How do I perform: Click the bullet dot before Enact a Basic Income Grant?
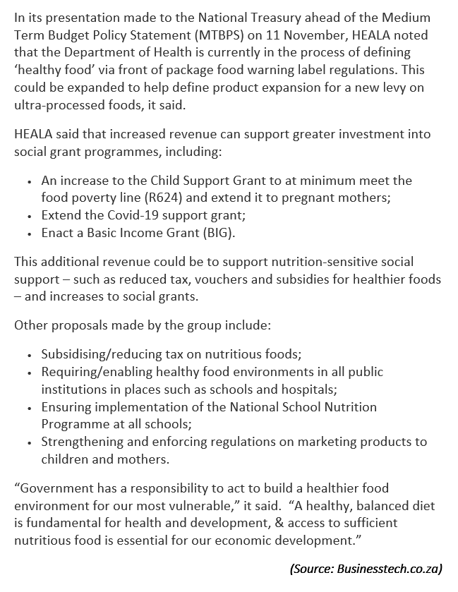point(30,233)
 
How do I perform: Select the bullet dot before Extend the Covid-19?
point(30,215)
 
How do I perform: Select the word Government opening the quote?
point(53,488)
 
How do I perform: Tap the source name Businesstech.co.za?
point(389,568)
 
